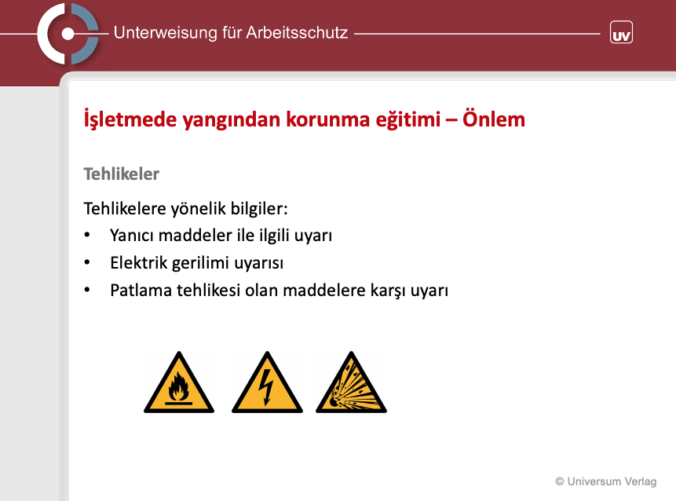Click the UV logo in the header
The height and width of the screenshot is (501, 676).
[621, 32]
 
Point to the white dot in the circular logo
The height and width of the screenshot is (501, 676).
[68, 34]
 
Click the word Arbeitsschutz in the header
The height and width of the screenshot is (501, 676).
[297, 33]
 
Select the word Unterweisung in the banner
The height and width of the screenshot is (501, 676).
[165, 33]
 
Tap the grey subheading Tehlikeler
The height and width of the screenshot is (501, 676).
[121, 174]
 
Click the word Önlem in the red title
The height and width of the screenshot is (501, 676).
[494, 119]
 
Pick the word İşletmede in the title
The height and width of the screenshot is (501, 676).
[130, 119]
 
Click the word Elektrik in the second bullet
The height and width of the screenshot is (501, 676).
[138, 262]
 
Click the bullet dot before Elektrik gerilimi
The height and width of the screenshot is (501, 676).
[87, 262]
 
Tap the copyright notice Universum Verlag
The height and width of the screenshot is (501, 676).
[605, 481]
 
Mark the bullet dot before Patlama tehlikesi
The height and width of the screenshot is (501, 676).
[87, 290]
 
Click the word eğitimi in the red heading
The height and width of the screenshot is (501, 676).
[407, 120]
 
